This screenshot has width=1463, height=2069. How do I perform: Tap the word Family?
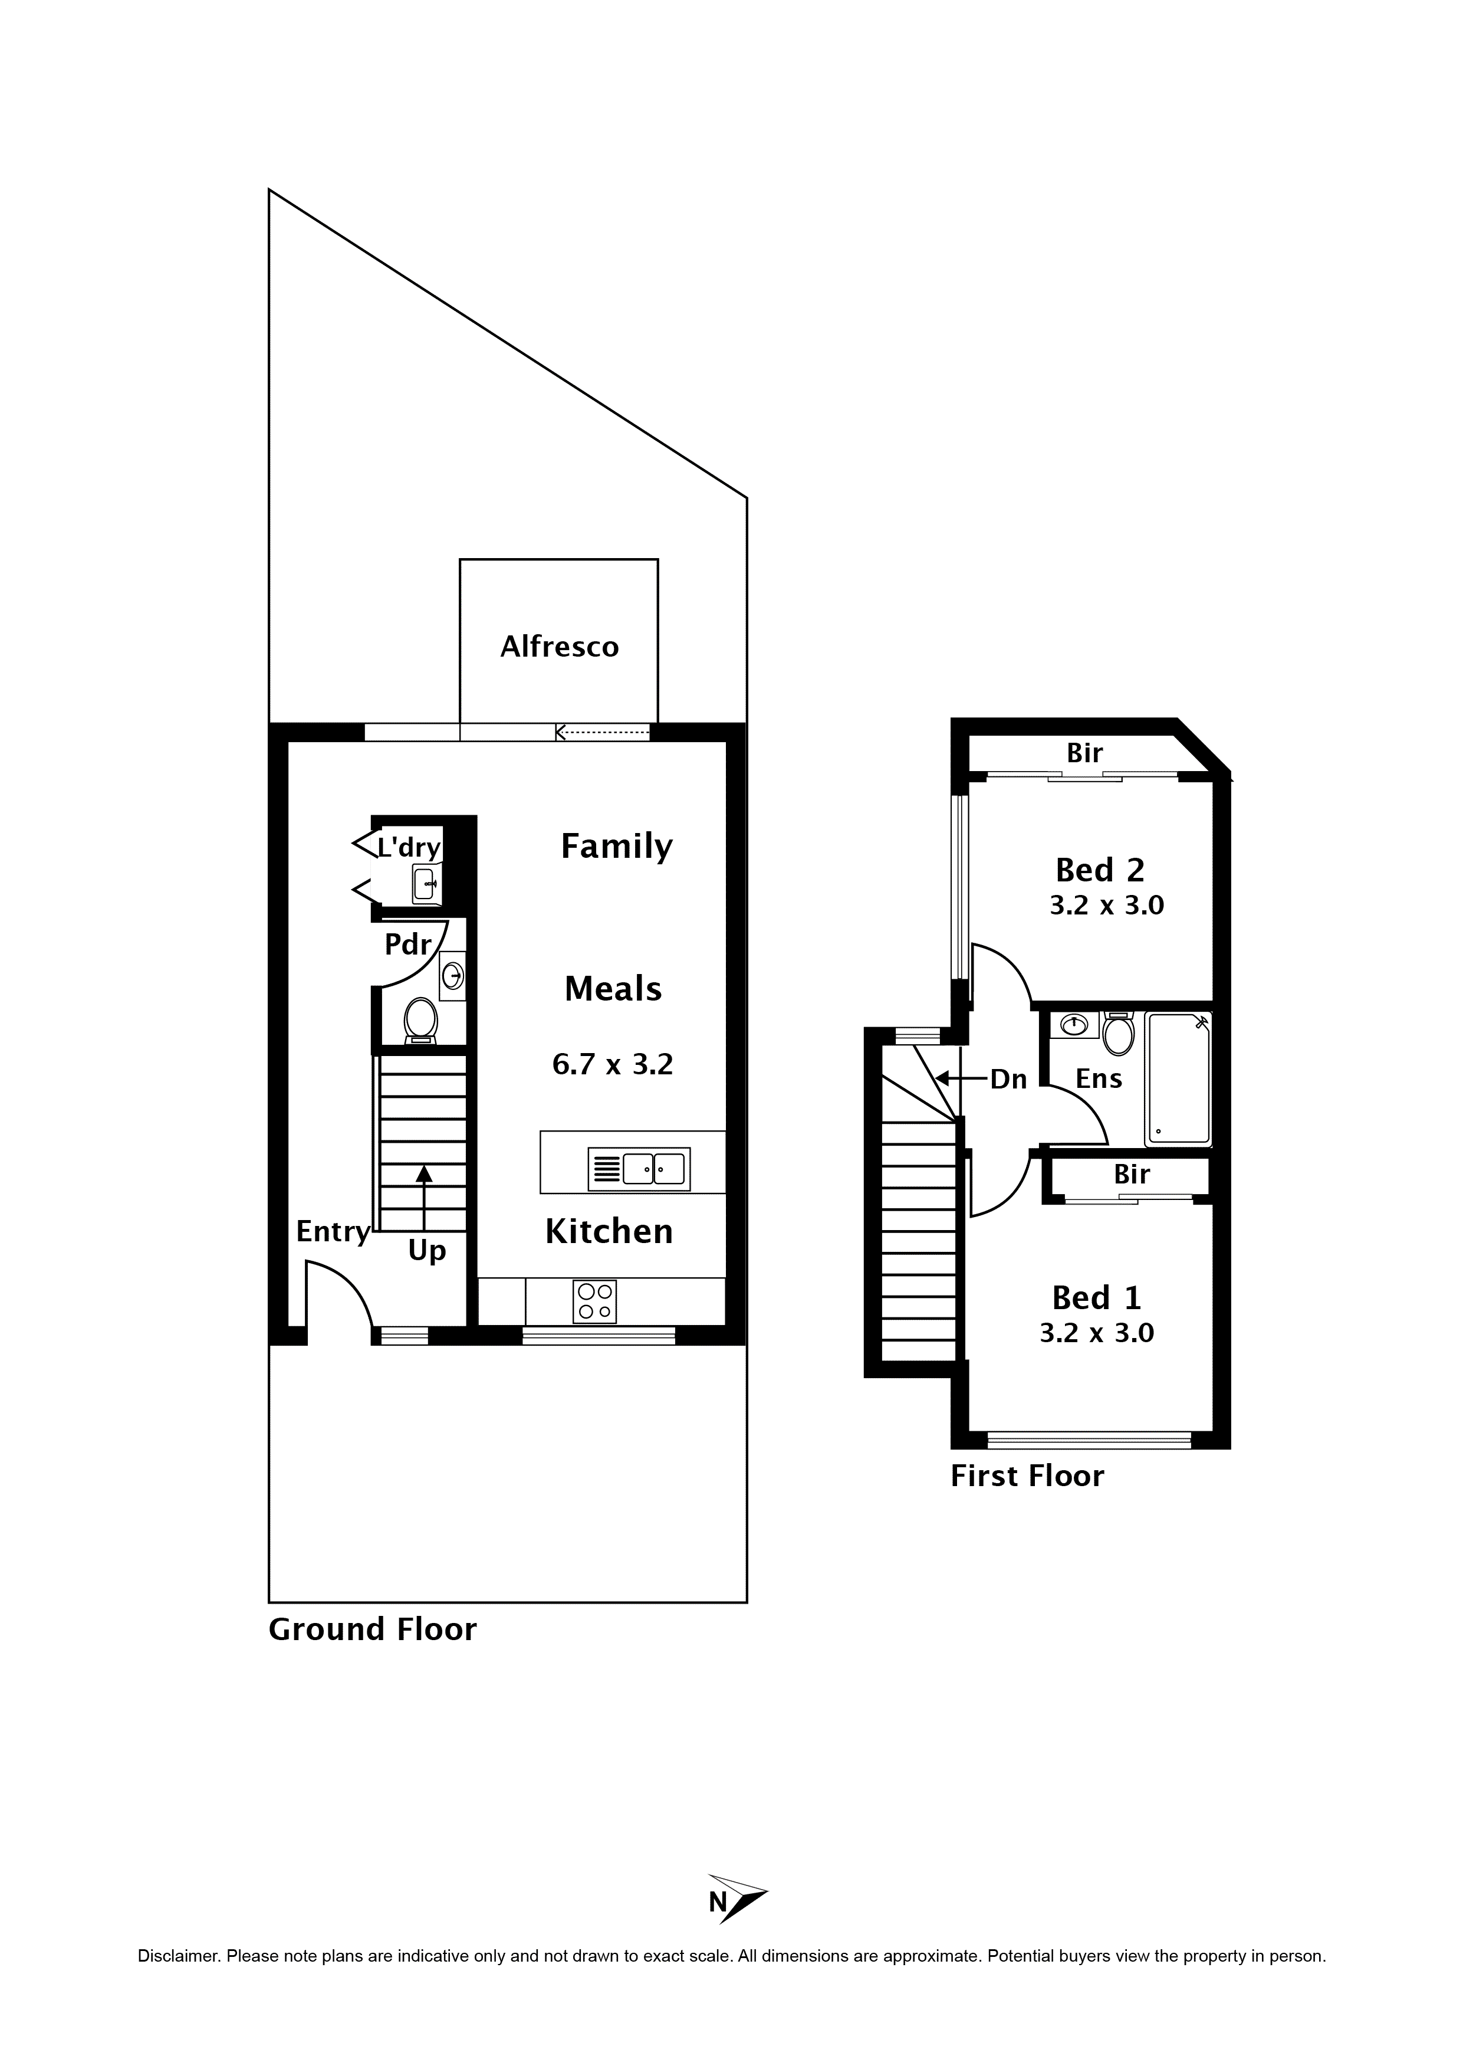[616, 846]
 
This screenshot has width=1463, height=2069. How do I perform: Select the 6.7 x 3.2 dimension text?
[613, 1064]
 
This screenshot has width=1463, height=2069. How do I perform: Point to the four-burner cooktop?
[594, 1301]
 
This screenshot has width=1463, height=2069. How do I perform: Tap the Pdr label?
[407, 945]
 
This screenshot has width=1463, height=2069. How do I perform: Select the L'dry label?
[409, 847]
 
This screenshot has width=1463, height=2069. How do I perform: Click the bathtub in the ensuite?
[1178, 1078]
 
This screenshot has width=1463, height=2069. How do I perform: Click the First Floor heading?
[1027, 1476]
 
